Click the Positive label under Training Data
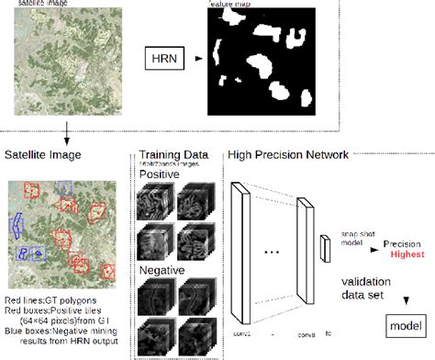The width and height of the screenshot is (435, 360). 160,173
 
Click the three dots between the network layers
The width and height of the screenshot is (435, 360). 271,251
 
